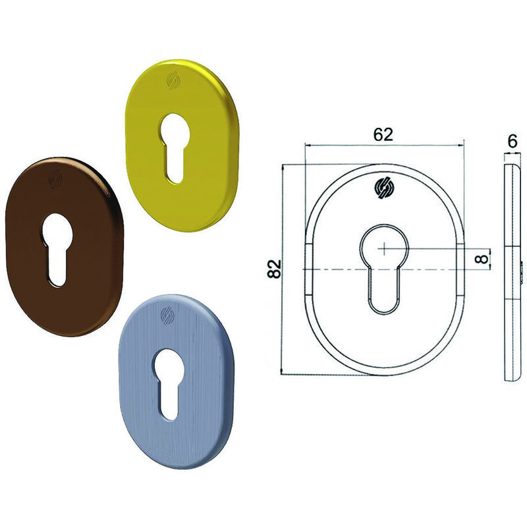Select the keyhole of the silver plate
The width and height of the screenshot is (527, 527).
[x=169, y=383]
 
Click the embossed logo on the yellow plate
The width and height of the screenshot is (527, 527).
[x=173, y=81]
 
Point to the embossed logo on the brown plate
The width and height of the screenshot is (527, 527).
[x=55, y=179]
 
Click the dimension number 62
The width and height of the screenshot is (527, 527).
[x=383, y=135]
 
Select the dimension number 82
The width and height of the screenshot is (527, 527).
[x=274, y=269]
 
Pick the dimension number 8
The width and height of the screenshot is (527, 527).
[x=482, y=259]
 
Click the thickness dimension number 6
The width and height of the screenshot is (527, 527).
[x=512, y=141]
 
